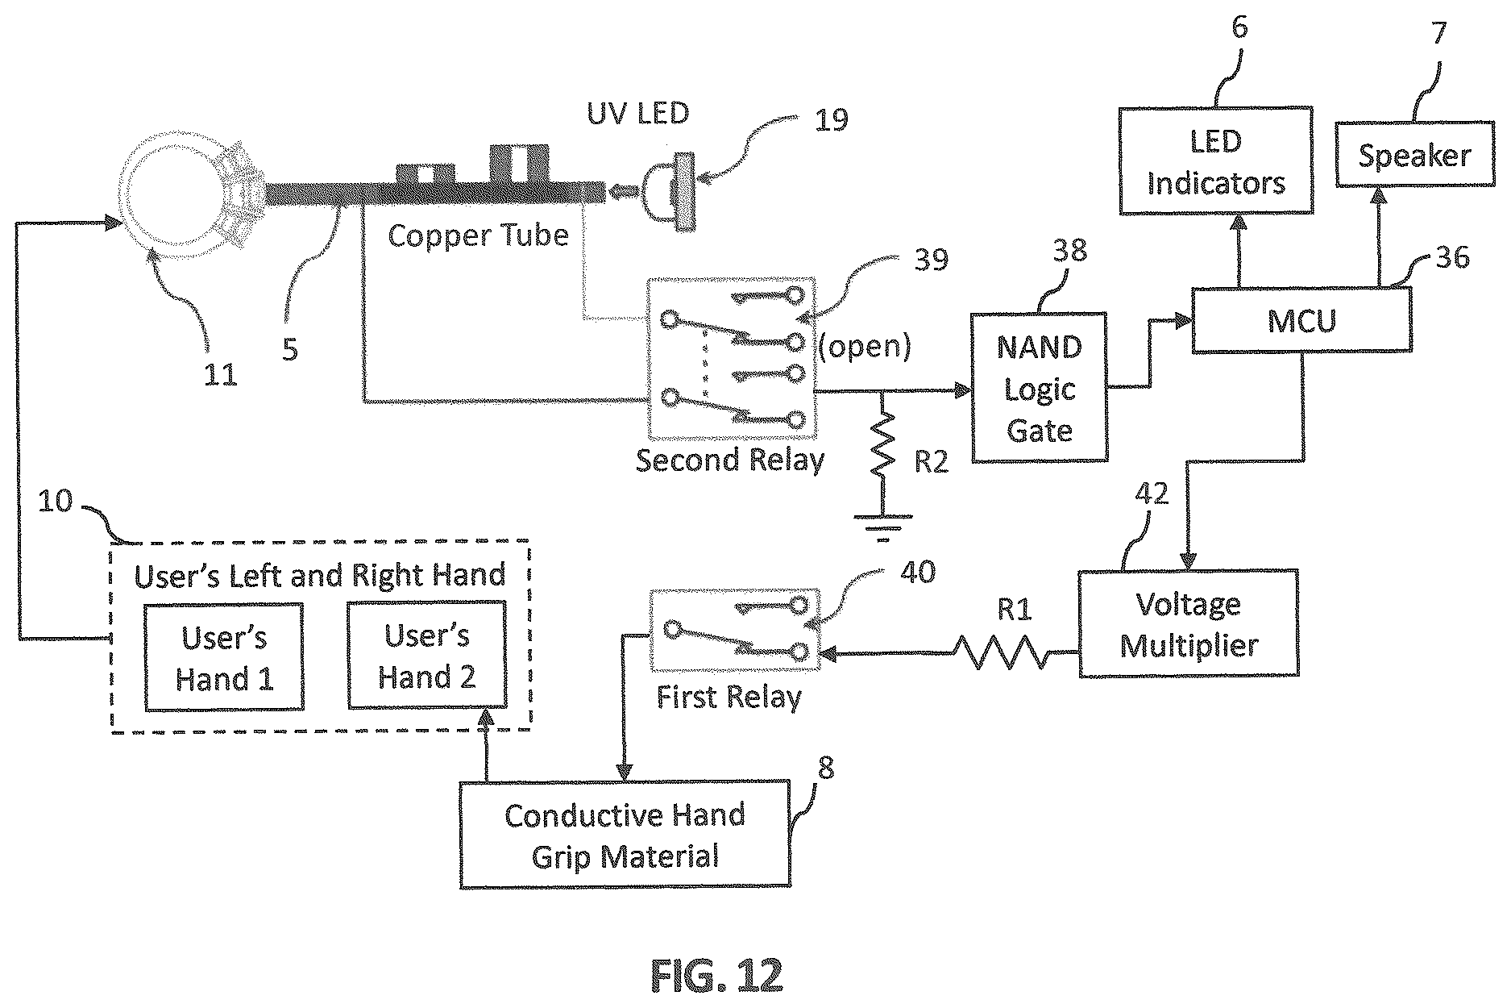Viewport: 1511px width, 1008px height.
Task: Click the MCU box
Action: tap(1301, 320)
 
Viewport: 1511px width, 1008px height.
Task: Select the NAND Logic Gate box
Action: tap(1040, 388)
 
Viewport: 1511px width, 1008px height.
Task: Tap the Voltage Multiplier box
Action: tap(1189, 623)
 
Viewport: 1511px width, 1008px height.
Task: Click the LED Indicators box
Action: tap(1216, 160)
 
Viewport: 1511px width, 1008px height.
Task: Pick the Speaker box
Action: tap(1414, 154)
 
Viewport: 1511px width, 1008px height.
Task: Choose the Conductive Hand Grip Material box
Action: tap(625, 835)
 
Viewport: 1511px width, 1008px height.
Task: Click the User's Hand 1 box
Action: tap(224, 657)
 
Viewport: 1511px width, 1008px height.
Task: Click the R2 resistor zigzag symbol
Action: tap(883, 444)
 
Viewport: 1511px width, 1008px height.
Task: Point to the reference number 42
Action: tap(1150, 493)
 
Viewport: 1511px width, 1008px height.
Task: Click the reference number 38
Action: tap(1069, 251)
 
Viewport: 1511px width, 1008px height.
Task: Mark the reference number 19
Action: tap(831, 119)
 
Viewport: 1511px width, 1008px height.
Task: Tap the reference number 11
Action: tap(219, 374)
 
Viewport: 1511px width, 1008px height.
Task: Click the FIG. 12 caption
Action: tap(716, 976)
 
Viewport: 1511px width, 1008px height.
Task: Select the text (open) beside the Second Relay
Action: tap(866, 346)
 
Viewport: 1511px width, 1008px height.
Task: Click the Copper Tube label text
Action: tap(478, 235)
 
